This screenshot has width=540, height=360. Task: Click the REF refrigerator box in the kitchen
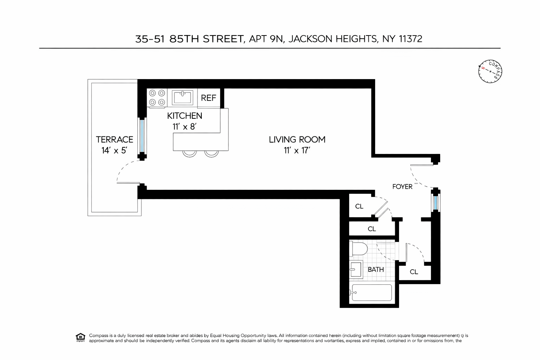(x=208, y=98)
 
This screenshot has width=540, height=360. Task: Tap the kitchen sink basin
(x=182, y=97)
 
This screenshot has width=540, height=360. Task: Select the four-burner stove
(x=157, y=97)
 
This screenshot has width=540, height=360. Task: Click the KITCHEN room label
(x=185, y=116)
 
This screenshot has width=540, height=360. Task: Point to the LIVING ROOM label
(x=297, y=140)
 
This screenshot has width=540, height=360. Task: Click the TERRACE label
(x=115, y=140)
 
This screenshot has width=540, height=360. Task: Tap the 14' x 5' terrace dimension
(x=114, y=150)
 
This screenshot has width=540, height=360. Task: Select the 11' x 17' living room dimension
(x=297, y=150)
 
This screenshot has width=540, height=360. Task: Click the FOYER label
(x=402, y=187)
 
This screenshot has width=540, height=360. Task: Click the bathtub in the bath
(x=372, y=292)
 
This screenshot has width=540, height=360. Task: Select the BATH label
(x=376, y=270)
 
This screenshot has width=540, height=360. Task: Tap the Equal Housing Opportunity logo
(x=81, y=337)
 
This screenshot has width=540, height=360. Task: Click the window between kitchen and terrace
(x=142, y=136)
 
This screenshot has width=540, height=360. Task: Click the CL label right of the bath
(x=414, y=272)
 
